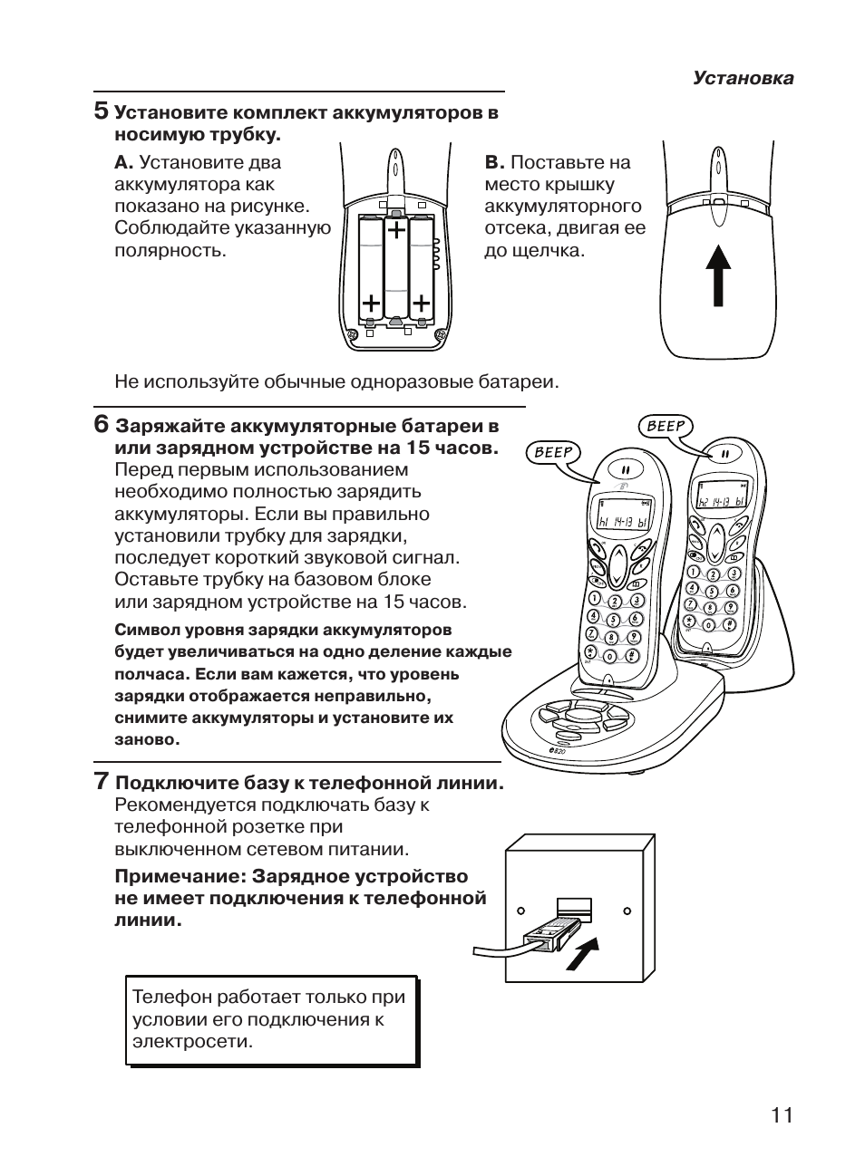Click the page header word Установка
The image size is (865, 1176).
pos(743,78)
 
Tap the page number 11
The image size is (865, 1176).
pos(782,1114)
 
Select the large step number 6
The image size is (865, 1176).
pos(102,424)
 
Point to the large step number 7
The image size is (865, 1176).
pos(102,780)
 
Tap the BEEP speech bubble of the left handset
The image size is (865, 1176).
pos(554,452)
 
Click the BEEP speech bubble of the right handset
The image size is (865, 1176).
pos(666,425)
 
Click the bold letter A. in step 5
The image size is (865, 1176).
pos(123,163)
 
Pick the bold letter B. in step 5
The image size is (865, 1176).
pos(494,163)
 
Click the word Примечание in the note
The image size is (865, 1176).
pos(178,876)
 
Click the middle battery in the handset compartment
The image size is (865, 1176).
pos(396,269)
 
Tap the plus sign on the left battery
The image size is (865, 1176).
pos(370,302)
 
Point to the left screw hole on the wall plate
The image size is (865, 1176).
pos(520,910)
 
